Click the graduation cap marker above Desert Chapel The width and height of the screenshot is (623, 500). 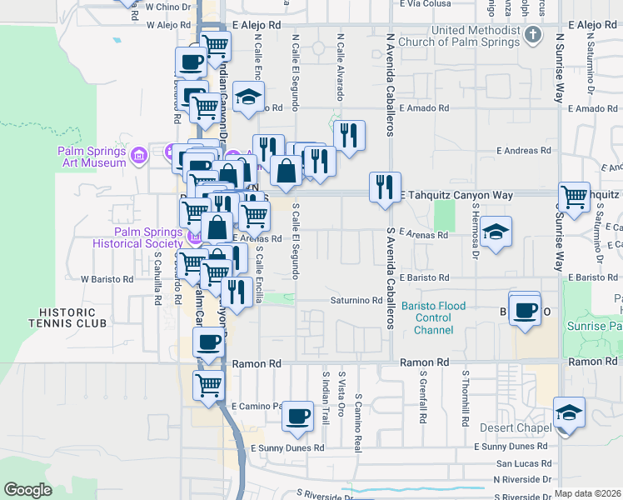(x=569, y=412)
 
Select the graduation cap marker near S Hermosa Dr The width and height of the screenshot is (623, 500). (x=496, y=232)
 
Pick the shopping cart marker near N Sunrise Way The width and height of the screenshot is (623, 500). (x=574, y=197)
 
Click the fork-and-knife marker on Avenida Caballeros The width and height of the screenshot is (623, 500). (x=385, y=187)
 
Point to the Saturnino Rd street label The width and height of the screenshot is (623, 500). (x=356, y=301)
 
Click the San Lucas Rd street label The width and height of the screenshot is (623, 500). (x=523, y=462)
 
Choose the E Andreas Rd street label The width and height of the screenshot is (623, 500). (x=525, y=151)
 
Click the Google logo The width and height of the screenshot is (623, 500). (x=28, y=490)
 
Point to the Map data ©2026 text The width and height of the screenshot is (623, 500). (x=587, y=493)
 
